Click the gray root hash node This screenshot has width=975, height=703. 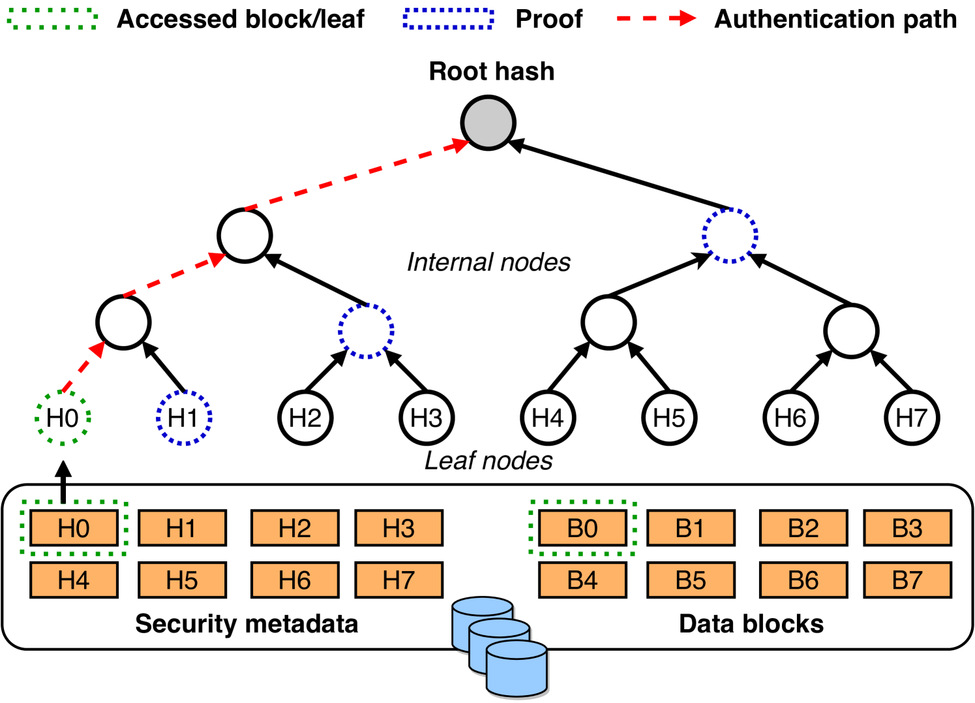click(488, 123)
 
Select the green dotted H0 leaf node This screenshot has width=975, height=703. click(63, 418)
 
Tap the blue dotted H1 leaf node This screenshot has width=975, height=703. click(184, 418)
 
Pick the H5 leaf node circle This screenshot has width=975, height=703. click(669, 418)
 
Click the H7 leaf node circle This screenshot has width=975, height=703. click(912, 418)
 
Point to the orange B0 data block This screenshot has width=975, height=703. click(582, 527)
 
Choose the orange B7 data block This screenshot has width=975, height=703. click(907, 580)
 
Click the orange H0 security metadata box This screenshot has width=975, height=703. click(74, 527)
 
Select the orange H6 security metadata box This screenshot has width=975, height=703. click(295, 580)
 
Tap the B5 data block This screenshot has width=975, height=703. click(691, 580)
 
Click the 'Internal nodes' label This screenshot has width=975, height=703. click(488, 262)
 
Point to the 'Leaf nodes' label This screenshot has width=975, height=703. click(488, 461)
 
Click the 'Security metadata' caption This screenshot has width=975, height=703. click(247, 624)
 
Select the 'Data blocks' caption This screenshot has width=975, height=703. click(751, 624)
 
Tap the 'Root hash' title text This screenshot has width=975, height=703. click(492, 71)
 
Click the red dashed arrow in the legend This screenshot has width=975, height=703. click(655, 19)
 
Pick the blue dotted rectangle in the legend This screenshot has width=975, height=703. click(448, 19)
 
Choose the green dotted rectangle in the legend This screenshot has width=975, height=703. click(53, 19)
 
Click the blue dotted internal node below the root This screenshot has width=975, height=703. click(730, 236)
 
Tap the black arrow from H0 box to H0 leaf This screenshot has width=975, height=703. click(63, 483)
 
